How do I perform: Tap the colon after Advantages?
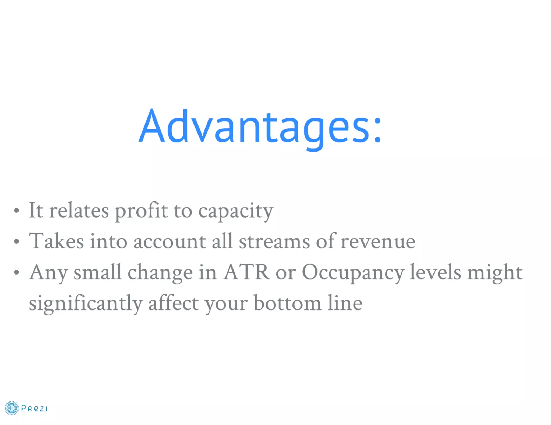coord(377,130)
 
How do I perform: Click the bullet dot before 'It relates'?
coord(17,211)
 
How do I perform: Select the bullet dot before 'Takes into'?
coord(17,242)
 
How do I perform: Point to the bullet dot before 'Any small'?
coord(17,272)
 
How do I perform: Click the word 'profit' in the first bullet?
coord(141,211)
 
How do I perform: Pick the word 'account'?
coord(169,242)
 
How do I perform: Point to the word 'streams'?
coord(274,242)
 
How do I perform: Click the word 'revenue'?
coord(378,242)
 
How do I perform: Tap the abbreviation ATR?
coord(246,272)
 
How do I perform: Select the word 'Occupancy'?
coord(353,273)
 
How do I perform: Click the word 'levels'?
coord(435,272)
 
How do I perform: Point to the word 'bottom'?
coord(287,303)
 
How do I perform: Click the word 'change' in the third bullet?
coord(160,273)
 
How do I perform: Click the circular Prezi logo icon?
coord(12,408)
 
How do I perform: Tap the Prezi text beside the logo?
coord(34,409)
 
